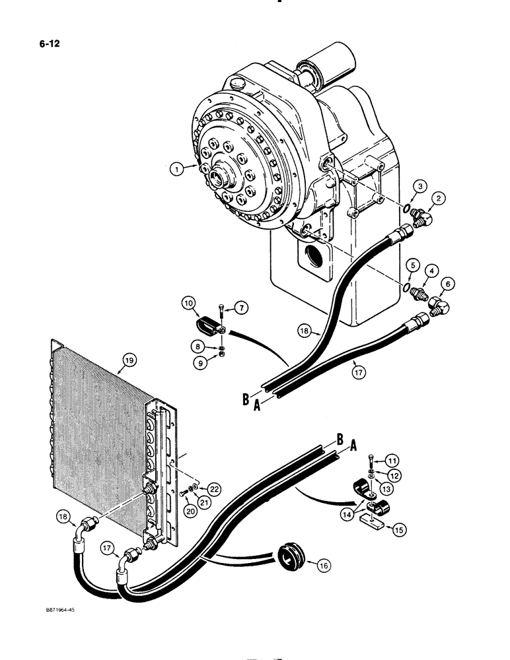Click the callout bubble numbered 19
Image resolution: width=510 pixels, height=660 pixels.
[129, 360]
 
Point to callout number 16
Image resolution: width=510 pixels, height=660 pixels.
[323, 565]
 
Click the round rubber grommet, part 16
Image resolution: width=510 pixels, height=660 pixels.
[288, 560]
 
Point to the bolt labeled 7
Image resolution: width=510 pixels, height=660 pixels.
[221, 309]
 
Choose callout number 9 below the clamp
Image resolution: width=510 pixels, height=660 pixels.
[198, 361]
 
